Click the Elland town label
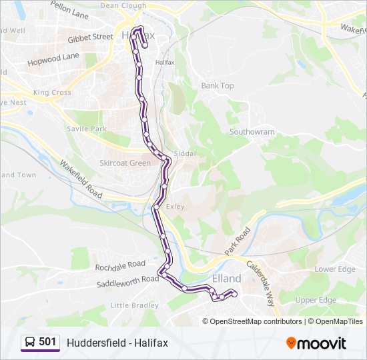coord(226,278)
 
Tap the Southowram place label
coord(252,132)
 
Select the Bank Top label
coord(218,86)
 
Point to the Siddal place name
coord(185,153)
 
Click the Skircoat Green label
coord(125,163)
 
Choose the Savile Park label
coord(87,128)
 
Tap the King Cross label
coord(52,93)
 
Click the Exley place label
coord(175,207)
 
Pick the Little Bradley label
coord(134,305)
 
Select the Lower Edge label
coord(335,269)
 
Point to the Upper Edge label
coord(316,300)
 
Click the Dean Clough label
coord(123,5)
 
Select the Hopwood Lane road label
coord(53,60)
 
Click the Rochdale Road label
coord(120,265)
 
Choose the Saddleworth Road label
coord(119,279)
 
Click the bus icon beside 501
coord(30,343)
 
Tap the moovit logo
coord(316,343)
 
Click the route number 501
coord(47,342)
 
